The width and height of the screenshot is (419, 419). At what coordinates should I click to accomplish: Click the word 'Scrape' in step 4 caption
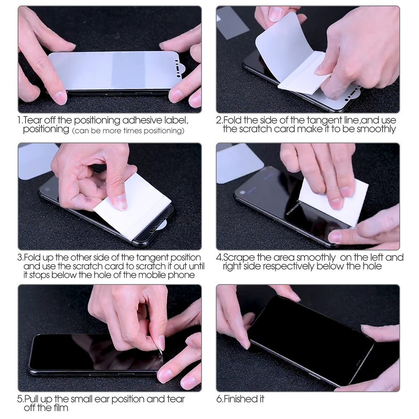pos(239,258)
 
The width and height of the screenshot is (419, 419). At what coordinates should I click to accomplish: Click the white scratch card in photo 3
pos(132,204)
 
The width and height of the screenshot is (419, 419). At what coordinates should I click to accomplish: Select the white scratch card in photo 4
pos(333,202)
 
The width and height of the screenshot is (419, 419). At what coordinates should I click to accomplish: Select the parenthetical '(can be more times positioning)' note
pos(128,131)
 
